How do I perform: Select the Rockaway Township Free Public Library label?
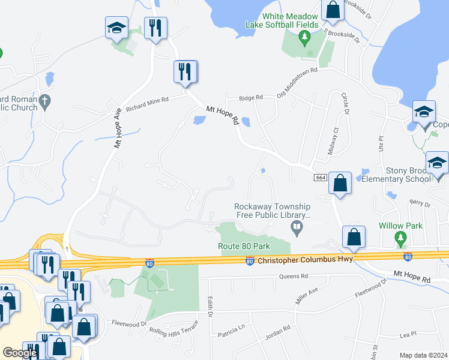[272, 211]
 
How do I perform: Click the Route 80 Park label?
[244, 246]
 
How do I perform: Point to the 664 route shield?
[320, 178]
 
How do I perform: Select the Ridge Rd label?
[251, 97]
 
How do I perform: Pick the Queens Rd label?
[294, 277]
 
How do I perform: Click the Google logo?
[20, 353]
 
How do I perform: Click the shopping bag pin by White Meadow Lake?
[332, 11]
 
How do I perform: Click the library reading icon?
[296, 227]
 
